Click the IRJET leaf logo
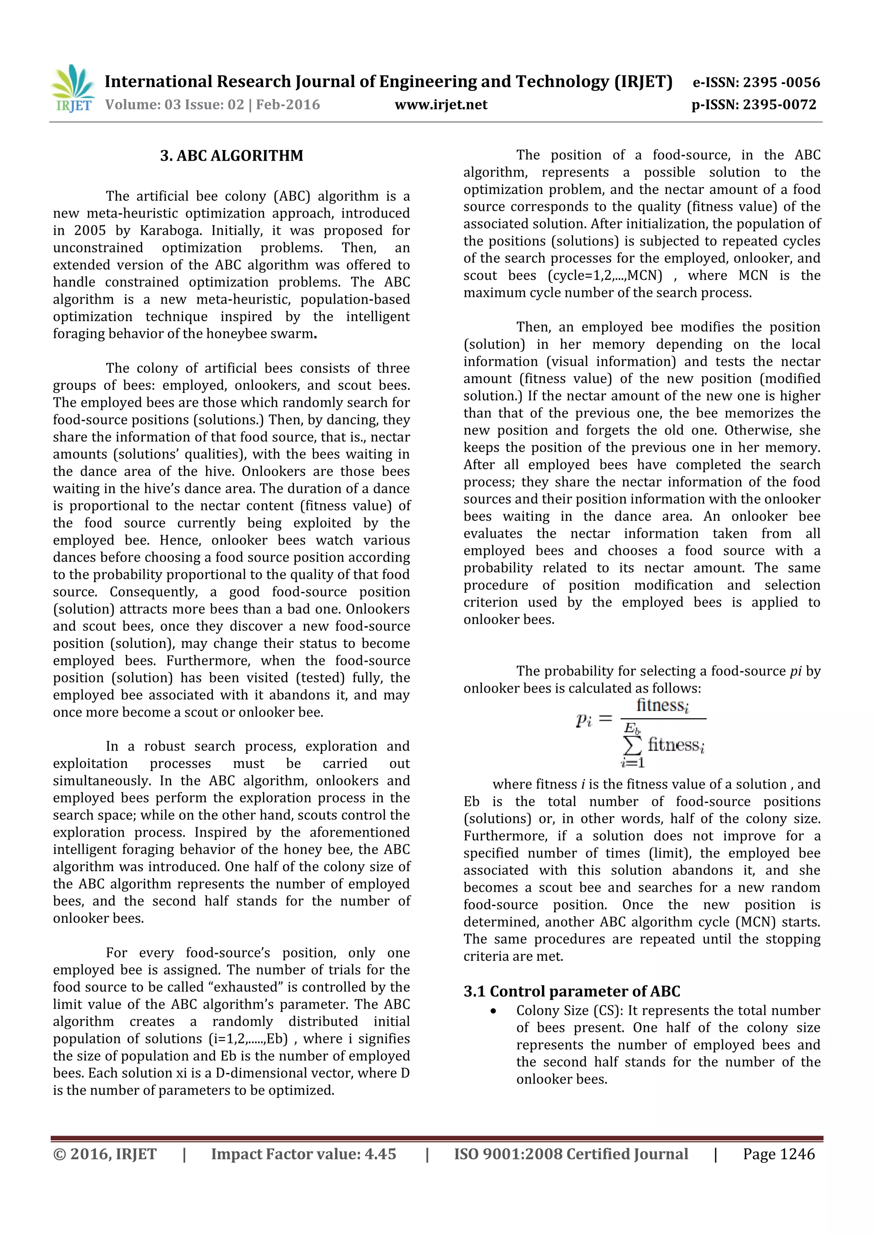73,88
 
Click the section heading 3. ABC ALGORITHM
231,156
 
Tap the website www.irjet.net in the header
441,105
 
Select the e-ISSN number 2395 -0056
781,82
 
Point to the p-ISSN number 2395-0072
779,105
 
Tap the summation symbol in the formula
632,745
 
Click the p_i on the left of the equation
584,720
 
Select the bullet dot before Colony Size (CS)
493,1011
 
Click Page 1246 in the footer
779,1154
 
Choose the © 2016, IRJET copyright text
105,1154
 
